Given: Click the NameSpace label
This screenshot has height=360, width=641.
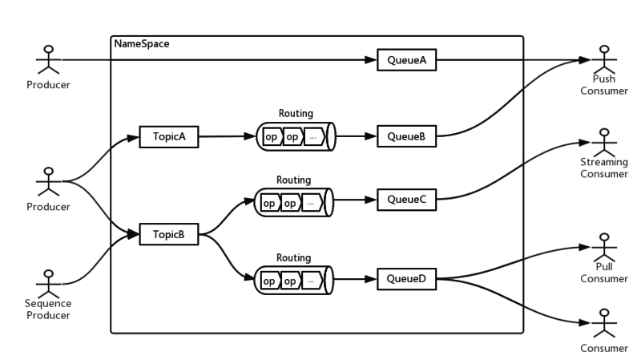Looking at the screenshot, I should [140, 43].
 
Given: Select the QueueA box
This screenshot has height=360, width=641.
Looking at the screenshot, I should [406, 61].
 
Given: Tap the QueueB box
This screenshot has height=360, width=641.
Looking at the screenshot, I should [406, 136].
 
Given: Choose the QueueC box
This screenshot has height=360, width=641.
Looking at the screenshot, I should [406, 199].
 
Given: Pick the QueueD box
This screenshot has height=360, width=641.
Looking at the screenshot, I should [406, 279].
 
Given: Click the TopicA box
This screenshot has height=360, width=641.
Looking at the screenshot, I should [168, 136].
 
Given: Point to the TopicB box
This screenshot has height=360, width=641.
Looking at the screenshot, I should [168, 235].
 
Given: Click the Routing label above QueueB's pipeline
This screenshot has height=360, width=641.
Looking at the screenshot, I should [295, 114].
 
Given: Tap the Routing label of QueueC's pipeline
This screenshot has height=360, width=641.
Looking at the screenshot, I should [293, 180].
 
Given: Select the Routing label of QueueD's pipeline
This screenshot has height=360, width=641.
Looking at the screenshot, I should [293, 258].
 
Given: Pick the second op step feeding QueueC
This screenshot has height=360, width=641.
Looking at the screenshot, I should [289, 203].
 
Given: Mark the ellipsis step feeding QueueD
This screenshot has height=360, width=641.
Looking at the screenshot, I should [311, 281].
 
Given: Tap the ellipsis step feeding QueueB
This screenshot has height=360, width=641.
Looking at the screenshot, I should [312, 137].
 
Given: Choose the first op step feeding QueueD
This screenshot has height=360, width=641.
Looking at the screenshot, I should [269, 281].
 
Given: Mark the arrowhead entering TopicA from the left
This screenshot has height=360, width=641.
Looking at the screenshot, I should [135, 137].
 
